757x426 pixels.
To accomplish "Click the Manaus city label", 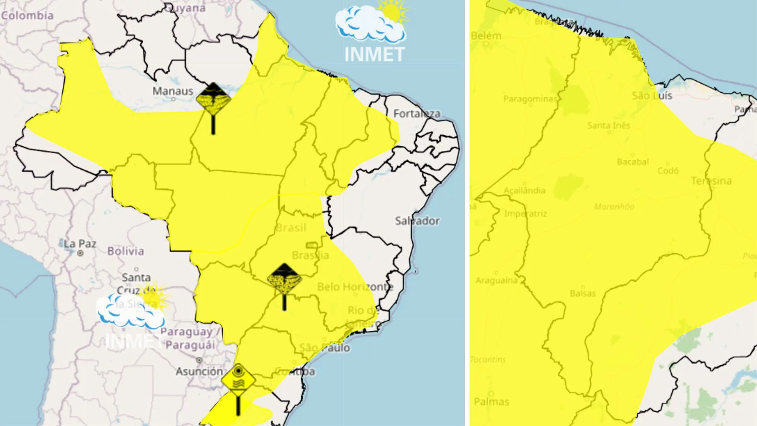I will pyautogui.click(x=173, y=91).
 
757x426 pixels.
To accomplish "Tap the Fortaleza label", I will pyautogui.click(x=417, y=114).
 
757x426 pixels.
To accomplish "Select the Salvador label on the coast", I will pyautogui.click(x=417, y=221).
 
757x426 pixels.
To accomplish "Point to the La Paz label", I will pyautogui.click(x=80, y=244).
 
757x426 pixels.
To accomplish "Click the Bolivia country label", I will pyautogui.click(x=125, y=251).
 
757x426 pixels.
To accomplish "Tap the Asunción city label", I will pyautogui.click(x=199, y=371).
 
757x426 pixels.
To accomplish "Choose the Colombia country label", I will pyautogui.click(x=27, y=15).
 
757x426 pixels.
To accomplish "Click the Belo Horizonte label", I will pyautogui.click(x=355, y=287).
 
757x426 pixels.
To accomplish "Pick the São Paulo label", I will pyautogui.click(x=324, y=348).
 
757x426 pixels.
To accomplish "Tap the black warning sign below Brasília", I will pyautogui.click(x=284, y=280).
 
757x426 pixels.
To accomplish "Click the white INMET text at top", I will pyautogui.click(x=374, y=54).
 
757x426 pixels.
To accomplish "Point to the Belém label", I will pyautogui.click(x=486, y=36).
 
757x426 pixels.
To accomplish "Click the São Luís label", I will pyautogui.click(x=652, y=95).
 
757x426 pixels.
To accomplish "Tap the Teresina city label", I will pyautogui.click(x=711, y=181).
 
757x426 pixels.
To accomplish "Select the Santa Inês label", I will pyautogui.click(x=609, y=125).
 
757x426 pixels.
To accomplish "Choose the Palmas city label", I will pyautogui.click(x=491, y=402).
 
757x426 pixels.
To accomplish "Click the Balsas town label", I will pyautogui.click(x=583, y=293).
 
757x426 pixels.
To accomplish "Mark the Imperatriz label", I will pyautogui.click(x=525, y=214).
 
